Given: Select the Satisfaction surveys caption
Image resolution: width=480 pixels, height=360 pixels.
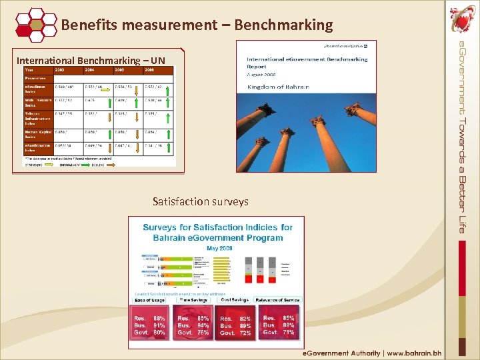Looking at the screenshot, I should click(200, 201).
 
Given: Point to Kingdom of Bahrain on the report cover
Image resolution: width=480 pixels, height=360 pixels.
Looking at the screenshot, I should click(278, 87).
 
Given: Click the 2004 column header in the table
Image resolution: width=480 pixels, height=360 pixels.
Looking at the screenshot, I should click(91, 69).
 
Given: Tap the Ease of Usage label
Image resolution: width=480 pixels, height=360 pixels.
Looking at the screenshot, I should click(150, 300).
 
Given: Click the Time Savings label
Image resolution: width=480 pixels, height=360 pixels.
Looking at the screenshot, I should click(194, 300).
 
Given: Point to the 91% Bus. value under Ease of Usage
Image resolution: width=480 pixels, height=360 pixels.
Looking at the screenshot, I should click(159, 325).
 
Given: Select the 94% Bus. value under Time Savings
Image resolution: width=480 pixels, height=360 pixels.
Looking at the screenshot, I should click(203, 325).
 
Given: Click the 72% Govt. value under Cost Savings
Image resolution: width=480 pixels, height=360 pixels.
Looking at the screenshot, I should click(246, 333).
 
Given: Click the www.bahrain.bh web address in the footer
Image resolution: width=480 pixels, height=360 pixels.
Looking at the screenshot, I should click(414, 353).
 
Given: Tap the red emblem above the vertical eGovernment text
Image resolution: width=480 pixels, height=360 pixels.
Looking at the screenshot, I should click(463, 18).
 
